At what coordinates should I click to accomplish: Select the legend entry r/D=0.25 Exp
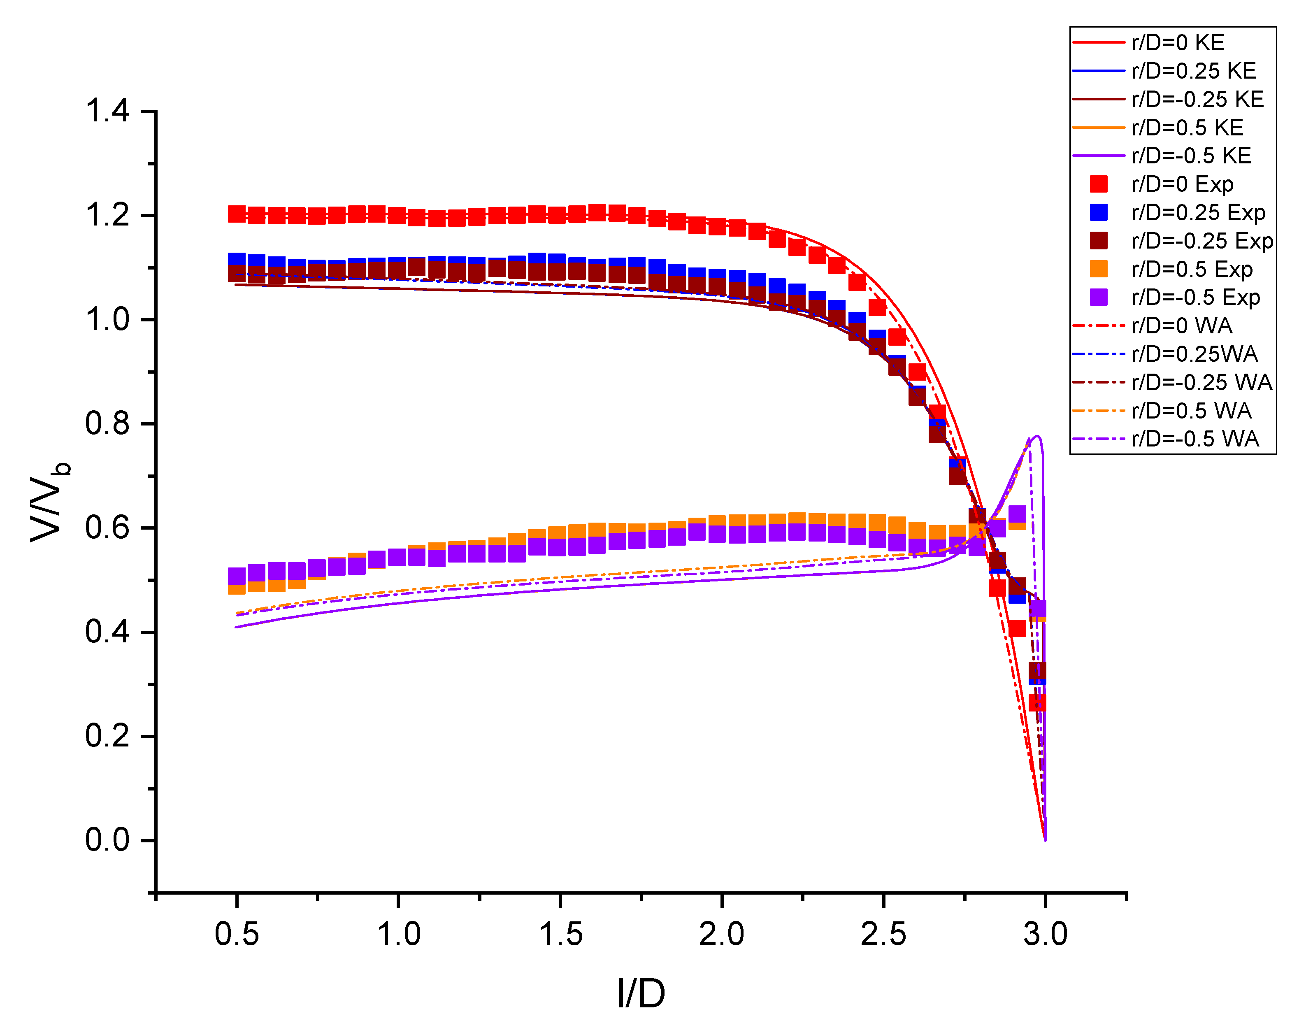1197,213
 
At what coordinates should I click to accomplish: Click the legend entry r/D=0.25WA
1194,354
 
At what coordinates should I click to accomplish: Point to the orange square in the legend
1099,269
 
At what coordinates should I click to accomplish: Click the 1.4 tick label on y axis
107,112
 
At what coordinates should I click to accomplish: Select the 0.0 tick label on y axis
107,840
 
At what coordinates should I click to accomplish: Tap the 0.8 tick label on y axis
107,423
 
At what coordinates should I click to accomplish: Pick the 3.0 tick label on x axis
1045,934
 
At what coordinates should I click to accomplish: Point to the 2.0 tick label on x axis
721,934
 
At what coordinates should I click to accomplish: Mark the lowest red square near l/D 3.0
1037,702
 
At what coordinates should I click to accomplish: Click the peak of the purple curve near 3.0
1036,436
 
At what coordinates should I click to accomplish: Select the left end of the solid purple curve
236,627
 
